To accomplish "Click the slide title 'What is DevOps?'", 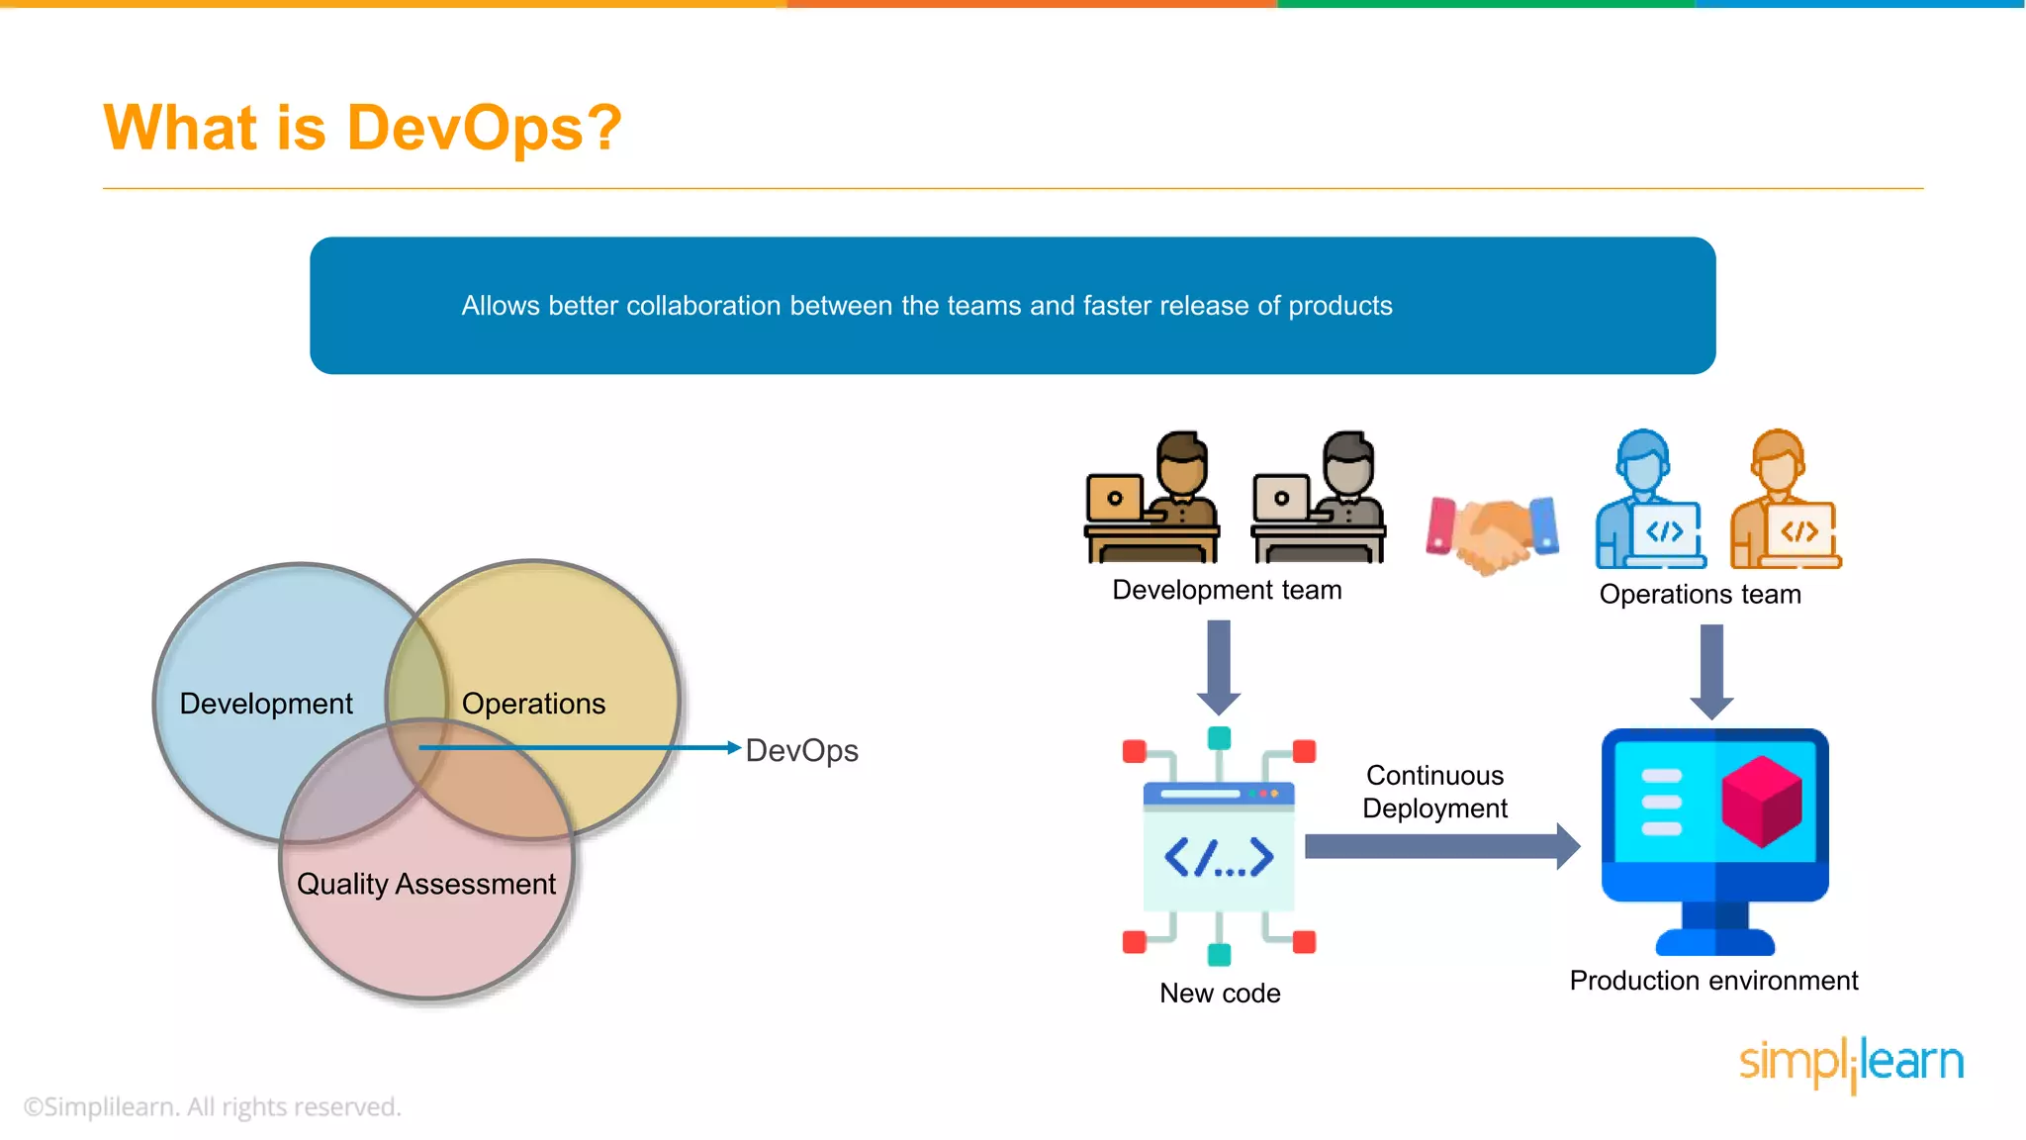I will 362,129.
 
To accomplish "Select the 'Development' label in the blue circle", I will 265,704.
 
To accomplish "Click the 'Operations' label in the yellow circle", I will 533,704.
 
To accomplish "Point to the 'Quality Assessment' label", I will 425,884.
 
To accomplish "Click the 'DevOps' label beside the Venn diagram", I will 801,750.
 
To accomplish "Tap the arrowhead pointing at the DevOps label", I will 734,748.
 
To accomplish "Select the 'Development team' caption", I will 1227,590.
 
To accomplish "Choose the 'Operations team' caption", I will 1700,594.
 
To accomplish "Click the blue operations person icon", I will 1649,500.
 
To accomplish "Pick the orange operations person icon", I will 1785,500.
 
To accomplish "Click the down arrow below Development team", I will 1219,667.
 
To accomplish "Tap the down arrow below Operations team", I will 1711,671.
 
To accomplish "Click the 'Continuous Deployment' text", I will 1434,792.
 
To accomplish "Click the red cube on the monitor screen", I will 1761,801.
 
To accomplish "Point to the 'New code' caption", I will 1220,993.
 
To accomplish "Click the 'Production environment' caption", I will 1713,981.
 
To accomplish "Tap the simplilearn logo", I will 1851,1063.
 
